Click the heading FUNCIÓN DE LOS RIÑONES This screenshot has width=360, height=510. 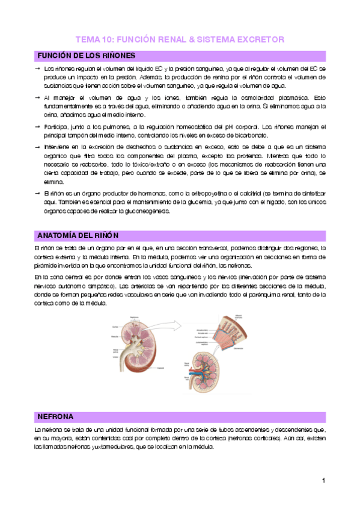[86, 56]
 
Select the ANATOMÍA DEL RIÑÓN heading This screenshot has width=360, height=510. [78, 235]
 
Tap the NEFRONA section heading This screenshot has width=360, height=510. [56, 416]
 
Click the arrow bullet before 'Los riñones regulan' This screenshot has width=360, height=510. [37, 69]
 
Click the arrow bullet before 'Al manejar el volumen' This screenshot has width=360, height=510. [37, 97]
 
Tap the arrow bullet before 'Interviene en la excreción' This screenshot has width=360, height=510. [37, 146]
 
